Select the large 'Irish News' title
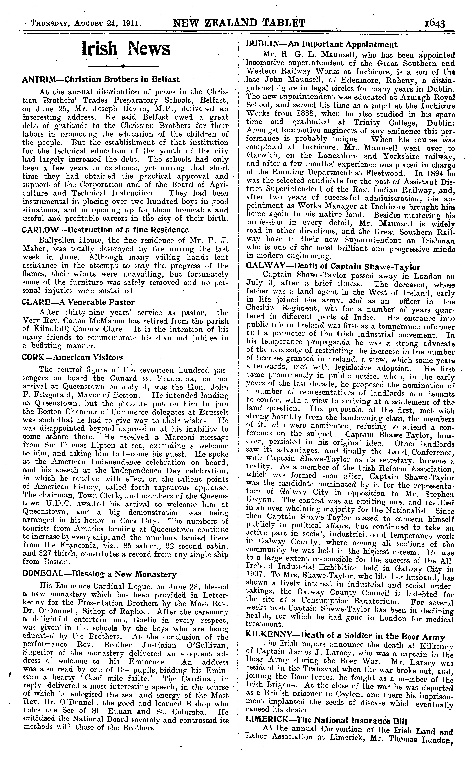[x=126, y=49]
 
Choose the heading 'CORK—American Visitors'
[x=73, y=357]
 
